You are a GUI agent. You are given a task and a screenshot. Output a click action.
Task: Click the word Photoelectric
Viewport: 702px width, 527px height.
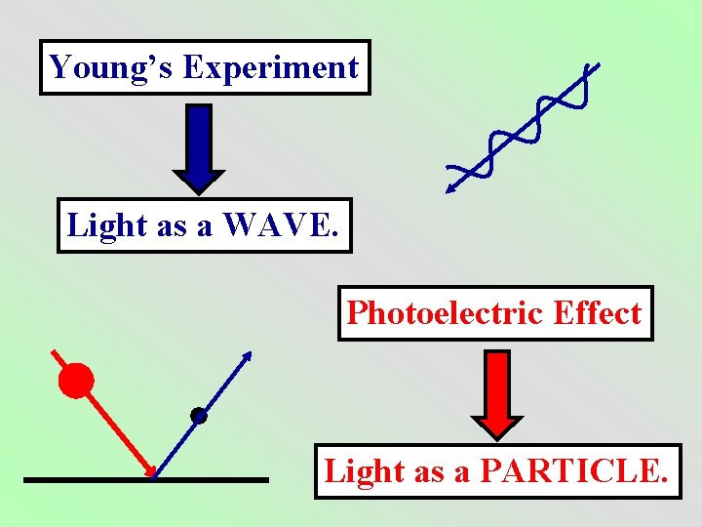(x=446, y=313)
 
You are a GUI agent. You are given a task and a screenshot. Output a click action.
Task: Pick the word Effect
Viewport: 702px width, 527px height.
(x=597, y=313)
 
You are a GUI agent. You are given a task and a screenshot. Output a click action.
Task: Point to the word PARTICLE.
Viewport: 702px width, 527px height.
(x=575, y=471)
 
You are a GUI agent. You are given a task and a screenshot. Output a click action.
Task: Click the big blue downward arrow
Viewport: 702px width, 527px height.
(x=199, y=146)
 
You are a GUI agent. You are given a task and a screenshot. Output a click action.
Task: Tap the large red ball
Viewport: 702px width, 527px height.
(x=76, y=380)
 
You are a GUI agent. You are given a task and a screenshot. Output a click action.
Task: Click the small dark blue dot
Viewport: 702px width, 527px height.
(x=199, y=416)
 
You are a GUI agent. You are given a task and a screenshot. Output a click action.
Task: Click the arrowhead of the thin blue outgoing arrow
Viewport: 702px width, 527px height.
(x=248, y=355)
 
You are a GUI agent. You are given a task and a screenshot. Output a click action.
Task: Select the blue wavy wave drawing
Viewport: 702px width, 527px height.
(x=522, y=127)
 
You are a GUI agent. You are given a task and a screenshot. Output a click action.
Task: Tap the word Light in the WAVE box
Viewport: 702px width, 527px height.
(x=105, y=225)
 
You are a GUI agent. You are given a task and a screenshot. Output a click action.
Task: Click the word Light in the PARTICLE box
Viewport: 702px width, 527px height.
(x=364, y=471)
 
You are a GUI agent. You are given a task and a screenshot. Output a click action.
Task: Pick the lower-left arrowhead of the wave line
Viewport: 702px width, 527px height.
(x=450, y=186)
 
